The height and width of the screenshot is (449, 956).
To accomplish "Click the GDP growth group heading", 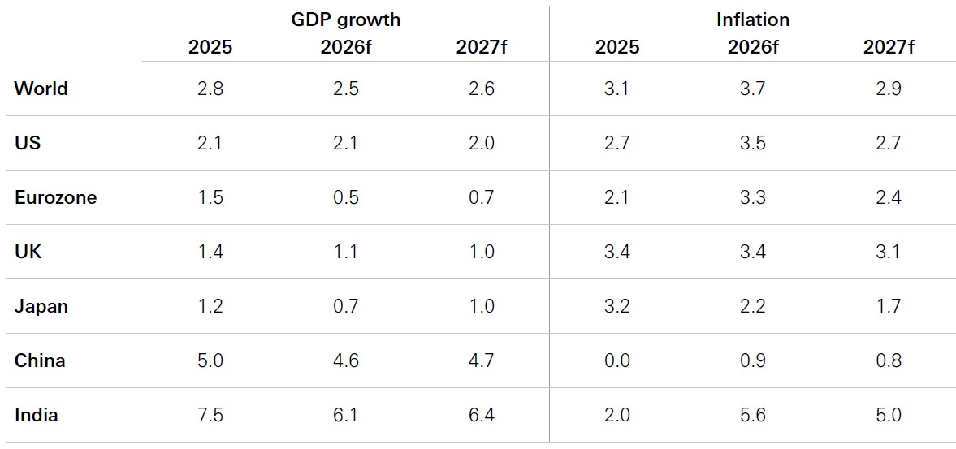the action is [x=346, y=19].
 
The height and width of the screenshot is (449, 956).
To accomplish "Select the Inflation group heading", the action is [x=753, y=19].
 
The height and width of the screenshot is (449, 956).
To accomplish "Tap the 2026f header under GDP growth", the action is [x=346, y=48].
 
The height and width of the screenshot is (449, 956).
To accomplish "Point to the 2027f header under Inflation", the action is [x=889, y=48].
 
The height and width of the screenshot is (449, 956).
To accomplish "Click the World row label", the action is [x=41, y=89].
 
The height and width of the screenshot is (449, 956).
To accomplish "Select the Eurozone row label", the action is [x=55, y=198].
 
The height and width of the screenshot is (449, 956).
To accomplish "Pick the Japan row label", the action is [x=41, y=306].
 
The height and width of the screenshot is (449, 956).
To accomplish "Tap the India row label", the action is [x=36, y=416].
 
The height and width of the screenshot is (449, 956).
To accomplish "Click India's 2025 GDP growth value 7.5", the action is [x=210, y=416].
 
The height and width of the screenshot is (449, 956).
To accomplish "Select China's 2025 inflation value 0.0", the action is [x=617, y=360].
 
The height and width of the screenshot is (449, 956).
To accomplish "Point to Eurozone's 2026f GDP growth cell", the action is [x=346, y=198].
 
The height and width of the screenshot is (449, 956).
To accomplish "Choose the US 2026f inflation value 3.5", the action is [x=753, y=143].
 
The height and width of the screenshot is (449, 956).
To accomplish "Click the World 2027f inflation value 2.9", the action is [x=889, y=89].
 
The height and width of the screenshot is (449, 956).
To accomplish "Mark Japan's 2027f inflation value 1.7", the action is [x=889, y=306].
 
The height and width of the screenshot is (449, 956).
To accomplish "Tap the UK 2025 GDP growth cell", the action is [x=210, y=253].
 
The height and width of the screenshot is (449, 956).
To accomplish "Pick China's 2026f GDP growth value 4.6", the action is [x=346, y=360].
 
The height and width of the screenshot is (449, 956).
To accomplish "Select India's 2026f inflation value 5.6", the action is [x=753, y=416].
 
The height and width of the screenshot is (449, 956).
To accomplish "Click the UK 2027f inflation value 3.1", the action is [x=889, y=253].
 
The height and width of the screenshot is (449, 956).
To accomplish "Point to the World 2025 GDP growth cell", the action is [x=210, y=89].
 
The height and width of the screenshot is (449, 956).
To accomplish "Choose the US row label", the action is [x=27, y=143].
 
